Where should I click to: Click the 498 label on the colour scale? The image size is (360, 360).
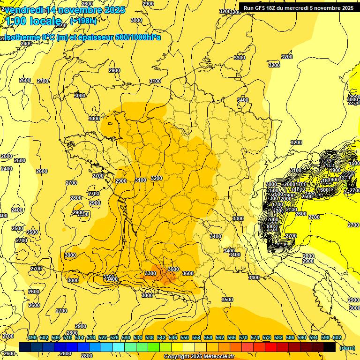32,337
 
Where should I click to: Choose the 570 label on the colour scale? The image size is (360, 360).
243,337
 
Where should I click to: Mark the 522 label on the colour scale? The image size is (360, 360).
103,337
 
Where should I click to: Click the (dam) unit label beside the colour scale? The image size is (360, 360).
347,347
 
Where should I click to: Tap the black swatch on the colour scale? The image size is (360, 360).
330,347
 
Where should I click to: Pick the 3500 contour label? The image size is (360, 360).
227,300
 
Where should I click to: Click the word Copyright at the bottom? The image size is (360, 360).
177,357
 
